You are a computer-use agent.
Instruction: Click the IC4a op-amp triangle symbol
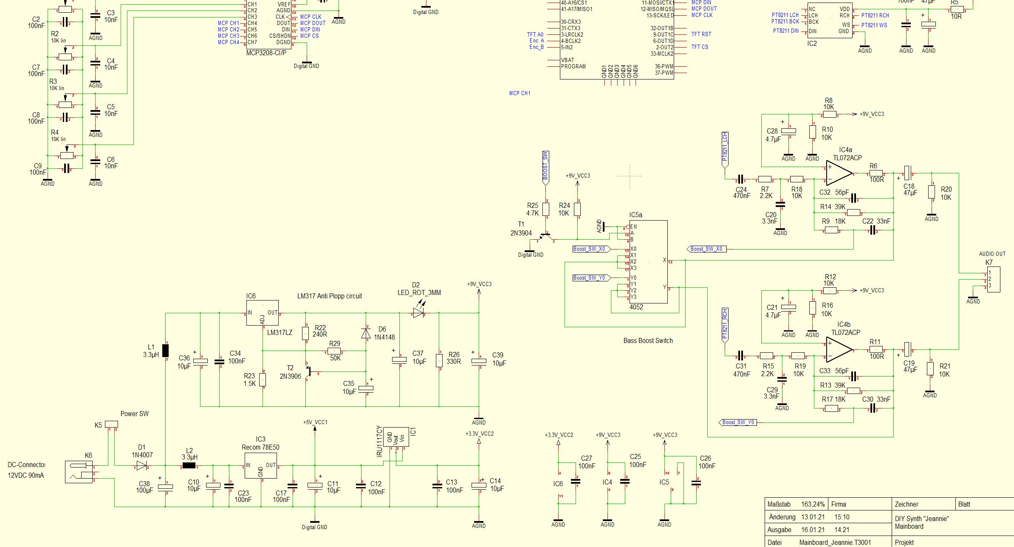838,173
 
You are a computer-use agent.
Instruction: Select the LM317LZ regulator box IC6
263,313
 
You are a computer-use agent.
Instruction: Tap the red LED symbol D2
418,314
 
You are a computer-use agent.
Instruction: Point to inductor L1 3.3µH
166,350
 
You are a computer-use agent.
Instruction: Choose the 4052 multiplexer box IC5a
648,261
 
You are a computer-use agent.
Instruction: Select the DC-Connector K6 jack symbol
79,472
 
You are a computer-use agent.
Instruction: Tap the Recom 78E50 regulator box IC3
260,465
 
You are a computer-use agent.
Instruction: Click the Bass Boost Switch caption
648,340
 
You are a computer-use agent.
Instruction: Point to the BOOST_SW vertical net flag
546,167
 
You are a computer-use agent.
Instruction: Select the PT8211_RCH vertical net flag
725,325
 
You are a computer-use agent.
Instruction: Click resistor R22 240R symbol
305,333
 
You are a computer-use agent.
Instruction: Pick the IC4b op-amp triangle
838,350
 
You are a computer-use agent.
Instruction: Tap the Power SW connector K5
111,424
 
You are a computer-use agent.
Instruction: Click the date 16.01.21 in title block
813,530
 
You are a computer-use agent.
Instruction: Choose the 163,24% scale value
813,504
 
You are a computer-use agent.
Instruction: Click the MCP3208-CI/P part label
266,53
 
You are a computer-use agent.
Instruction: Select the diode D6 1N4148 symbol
366,333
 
